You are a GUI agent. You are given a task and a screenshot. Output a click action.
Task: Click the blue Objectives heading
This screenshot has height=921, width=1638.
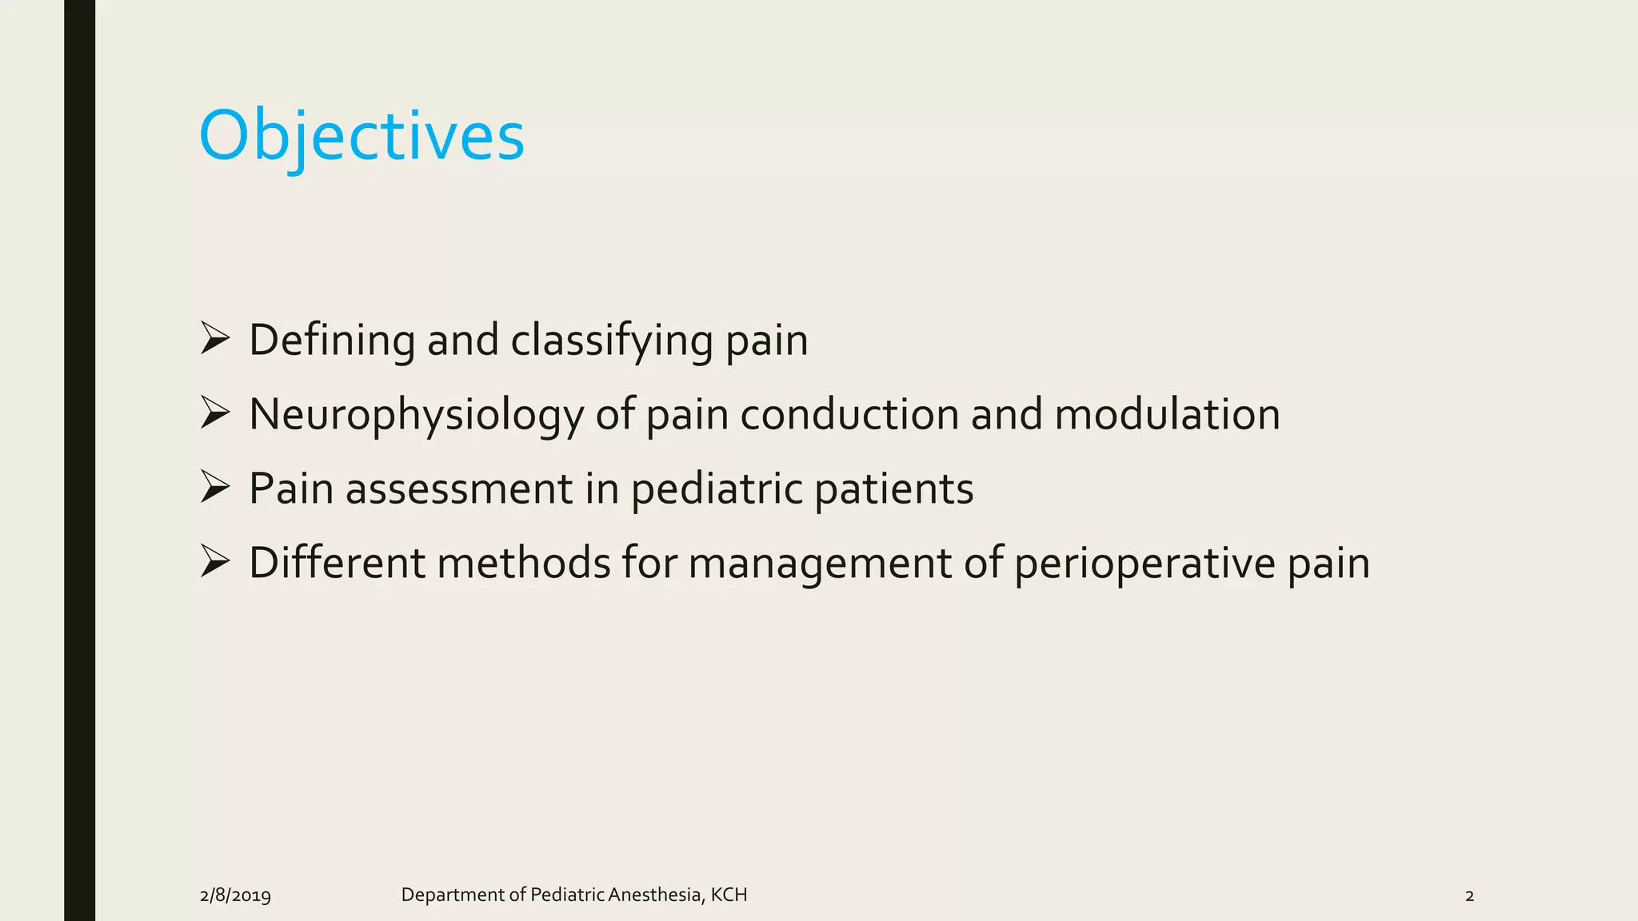362,136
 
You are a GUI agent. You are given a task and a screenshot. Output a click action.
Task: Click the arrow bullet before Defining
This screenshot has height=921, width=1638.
215,339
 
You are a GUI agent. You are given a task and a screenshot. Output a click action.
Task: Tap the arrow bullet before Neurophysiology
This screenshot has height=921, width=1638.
215,413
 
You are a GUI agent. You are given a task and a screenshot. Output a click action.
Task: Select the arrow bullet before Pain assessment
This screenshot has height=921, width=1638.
215,488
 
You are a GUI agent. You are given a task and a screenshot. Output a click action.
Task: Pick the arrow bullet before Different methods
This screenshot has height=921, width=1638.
215,562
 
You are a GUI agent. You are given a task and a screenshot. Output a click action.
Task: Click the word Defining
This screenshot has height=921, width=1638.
332,341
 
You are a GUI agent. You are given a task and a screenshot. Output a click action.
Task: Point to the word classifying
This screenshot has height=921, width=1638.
612,341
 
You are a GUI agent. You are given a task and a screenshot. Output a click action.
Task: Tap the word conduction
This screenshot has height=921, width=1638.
849,415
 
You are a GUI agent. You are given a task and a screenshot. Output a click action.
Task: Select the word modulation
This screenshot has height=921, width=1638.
1167,415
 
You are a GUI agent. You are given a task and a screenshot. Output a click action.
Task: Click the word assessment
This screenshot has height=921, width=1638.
459,489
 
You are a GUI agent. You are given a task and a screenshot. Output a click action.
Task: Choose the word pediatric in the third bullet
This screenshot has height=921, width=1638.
717,489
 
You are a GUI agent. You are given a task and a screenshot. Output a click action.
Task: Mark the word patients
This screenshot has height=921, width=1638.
894,489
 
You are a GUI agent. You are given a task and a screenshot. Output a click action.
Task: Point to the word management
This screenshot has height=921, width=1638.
820,564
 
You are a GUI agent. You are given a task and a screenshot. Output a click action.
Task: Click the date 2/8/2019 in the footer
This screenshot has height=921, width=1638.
235,895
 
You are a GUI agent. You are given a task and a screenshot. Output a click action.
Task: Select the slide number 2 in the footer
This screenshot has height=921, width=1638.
1469,895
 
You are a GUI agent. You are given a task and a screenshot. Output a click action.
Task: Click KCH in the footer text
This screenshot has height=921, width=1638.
729,895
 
